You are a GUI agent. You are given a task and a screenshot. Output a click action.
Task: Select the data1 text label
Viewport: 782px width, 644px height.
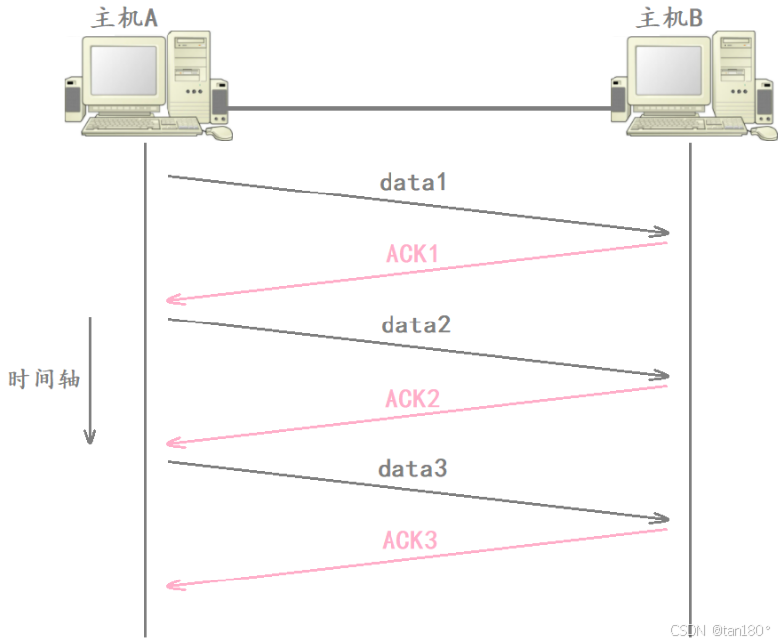click(x=413, y=183)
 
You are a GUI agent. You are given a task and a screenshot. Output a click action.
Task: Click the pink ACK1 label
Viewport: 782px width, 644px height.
click(x=412, y=254)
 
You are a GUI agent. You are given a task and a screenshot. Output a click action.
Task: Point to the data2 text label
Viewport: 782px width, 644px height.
click(x=415, y=324)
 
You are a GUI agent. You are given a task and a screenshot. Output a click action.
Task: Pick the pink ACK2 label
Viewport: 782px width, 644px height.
click(x=412, y=398)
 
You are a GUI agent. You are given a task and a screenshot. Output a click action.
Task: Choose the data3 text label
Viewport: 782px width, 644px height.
click(x=412, y=467)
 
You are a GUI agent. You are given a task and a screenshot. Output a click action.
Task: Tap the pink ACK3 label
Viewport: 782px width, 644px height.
click(x=410, y=541)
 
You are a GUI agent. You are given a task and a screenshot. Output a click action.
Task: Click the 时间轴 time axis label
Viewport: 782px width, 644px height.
click(x=44, y=379)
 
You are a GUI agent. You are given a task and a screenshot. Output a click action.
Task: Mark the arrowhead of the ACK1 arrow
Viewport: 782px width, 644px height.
click(x=173, y=299)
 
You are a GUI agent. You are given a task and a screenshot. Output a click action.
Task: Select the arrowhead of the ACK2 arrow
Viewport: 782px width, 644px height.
click(x=173, y=442)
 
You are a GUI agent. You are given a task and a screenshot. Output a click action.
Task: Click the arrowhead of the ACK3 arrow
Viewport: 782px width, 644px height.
click(x=173, y=585)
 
